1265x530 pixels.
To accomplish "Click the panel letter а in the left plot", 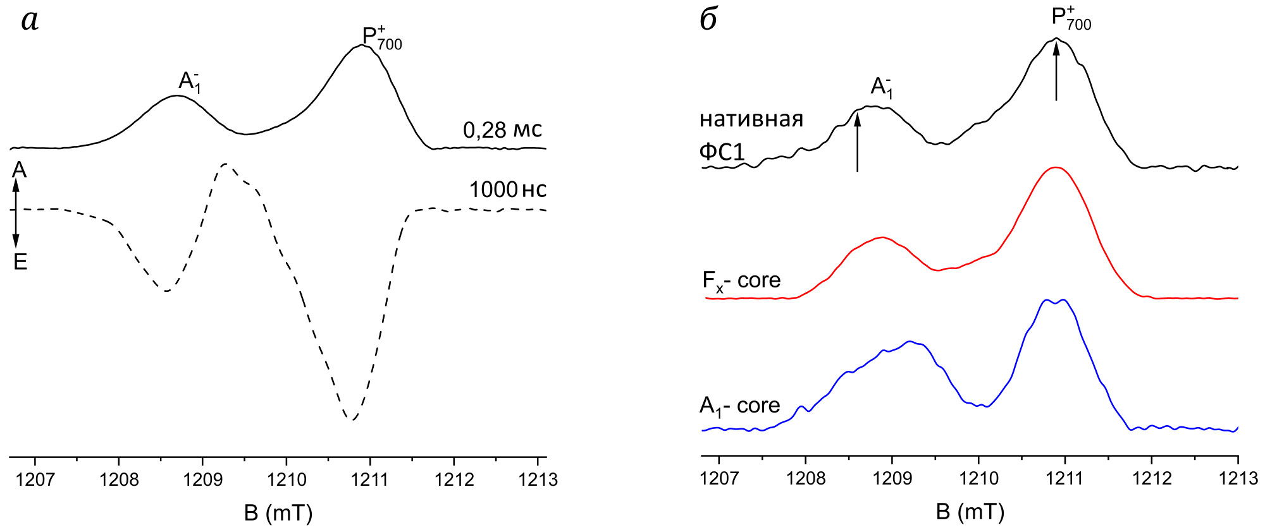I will coord(30,21).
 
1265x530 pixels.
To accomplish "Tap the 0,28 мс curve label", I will coord(502,130).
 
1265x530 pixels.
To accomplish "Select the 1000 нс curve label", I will coord(507,190).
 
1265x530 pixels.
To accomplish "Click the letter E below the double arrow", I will coord(20,262).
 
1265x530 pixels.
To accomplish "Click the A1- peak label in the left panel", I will coord(190,82).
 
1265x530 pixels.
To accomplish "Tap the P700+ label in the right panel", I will coord(1071,19).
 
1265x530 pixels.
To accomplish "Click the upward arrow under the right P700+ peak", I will coord(1056,69).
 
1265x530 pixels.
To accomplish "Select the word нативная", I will coord(751,119).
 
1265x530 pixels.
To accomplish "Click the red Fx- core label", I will coord(741,280).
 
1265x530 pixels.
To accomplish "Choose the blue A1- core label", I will coord(739,406).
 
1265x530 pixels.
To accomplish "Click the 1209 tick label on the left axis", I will coord(202,480).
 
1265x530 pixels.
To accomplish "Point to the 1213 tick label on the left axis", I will coord(538,480).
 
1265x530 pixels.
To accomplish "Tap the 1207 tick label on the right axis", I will coord(719,478).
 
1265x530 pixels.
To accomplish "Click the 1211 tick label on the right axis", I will coord(1065,478).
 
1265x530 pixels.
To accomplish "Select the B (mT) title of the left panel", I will coord(278,512).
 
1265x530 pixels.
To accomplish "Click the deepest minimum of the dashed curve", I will coord(351,419).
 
